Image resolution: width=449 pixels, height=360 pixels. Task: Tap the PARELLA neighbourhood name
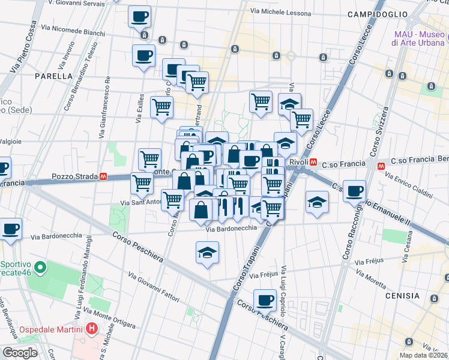coord(54,76)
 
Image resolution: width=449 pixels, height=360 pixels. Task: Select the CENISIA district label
coord(403,295)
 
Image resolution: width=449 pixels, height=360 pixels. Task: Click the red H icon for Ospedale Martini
coord(91,329)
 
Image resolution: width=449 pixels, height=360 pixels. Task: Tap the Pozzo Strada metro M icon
coord(104,177)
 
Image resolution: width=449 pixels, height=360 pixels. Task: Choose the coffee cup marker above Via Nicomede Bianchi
coord(140,17)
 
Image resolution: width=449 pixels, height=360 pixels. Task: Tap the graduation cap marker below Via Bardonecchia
coord(207,253)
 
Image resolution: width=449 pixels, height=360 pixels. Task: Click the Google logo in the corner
coord(20,353)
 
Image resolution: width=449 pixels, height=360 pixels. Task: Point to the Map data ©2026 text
coord(423,355)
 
